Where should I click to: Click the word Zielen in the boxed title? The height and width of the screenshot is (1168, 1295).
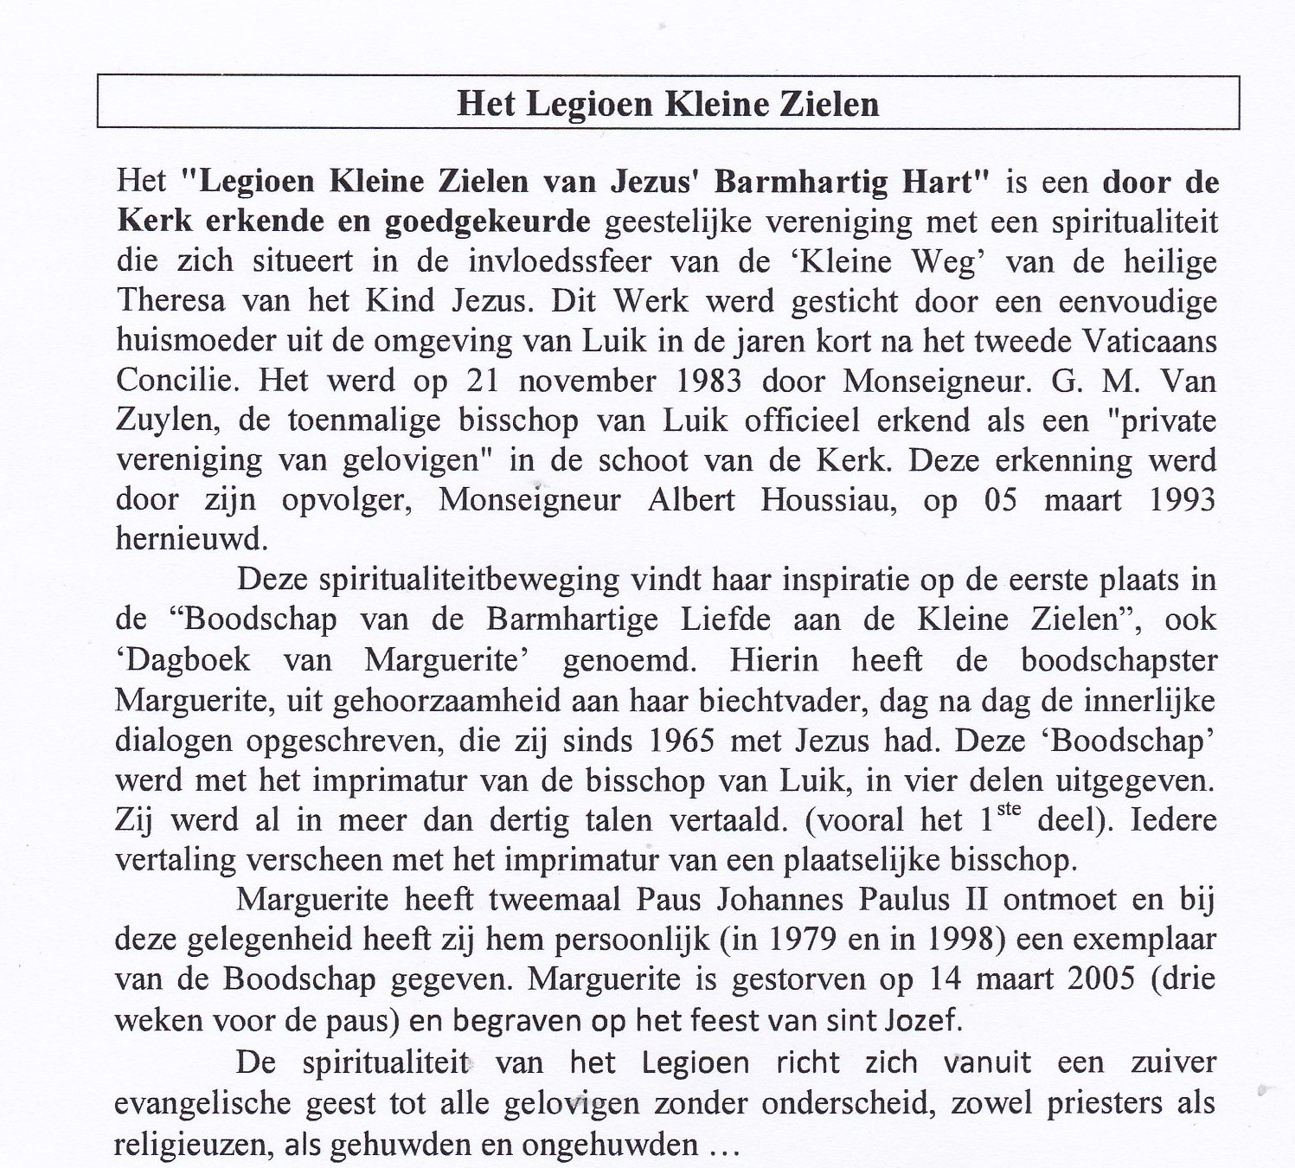[x=830, y=104]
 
